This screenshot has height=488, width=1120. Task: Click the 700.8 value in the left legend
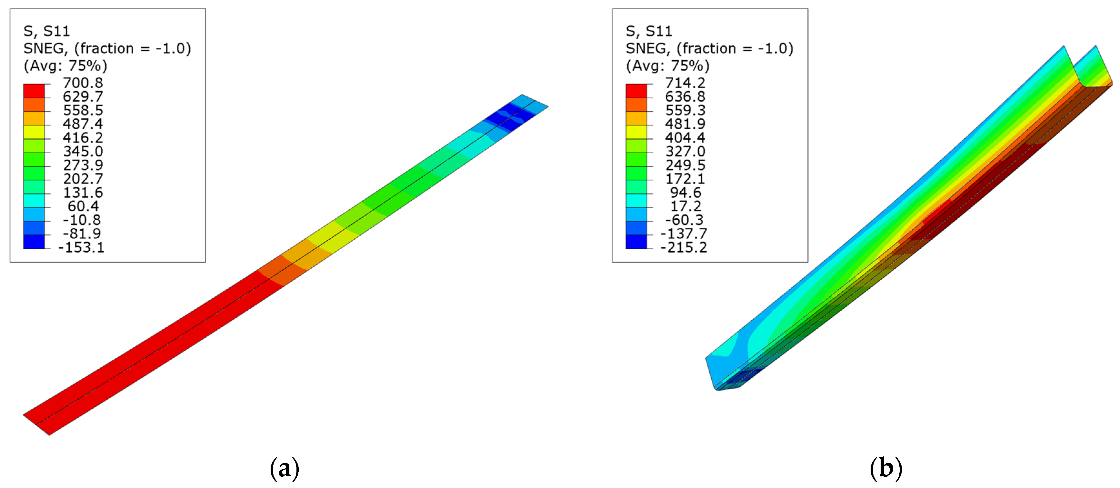(x=83, y=83)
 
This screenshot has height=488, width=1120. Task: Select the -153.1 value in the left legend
(x=81, y=247)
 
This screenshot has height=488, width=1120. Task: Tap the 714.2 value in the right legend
(x=685, y=83)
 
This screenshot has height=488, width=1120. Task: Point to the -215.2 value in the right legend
(x=684, y=247)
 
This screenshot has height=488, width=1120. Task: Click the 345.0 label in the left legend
(x=83, y=151)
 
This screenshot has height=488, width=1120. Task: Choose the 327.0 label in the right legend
(x=685, y=151)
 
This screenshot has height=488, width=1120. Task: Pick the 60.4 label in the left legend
(x=83, y=206)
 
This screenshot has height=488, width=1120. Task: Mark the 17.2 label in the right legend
(x=686, y=206)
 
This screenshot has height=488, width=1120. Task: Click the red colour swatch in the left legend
(x=34, y=91)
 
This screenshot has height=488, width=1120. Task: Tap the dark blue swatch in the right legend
(x=636, y=242)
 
